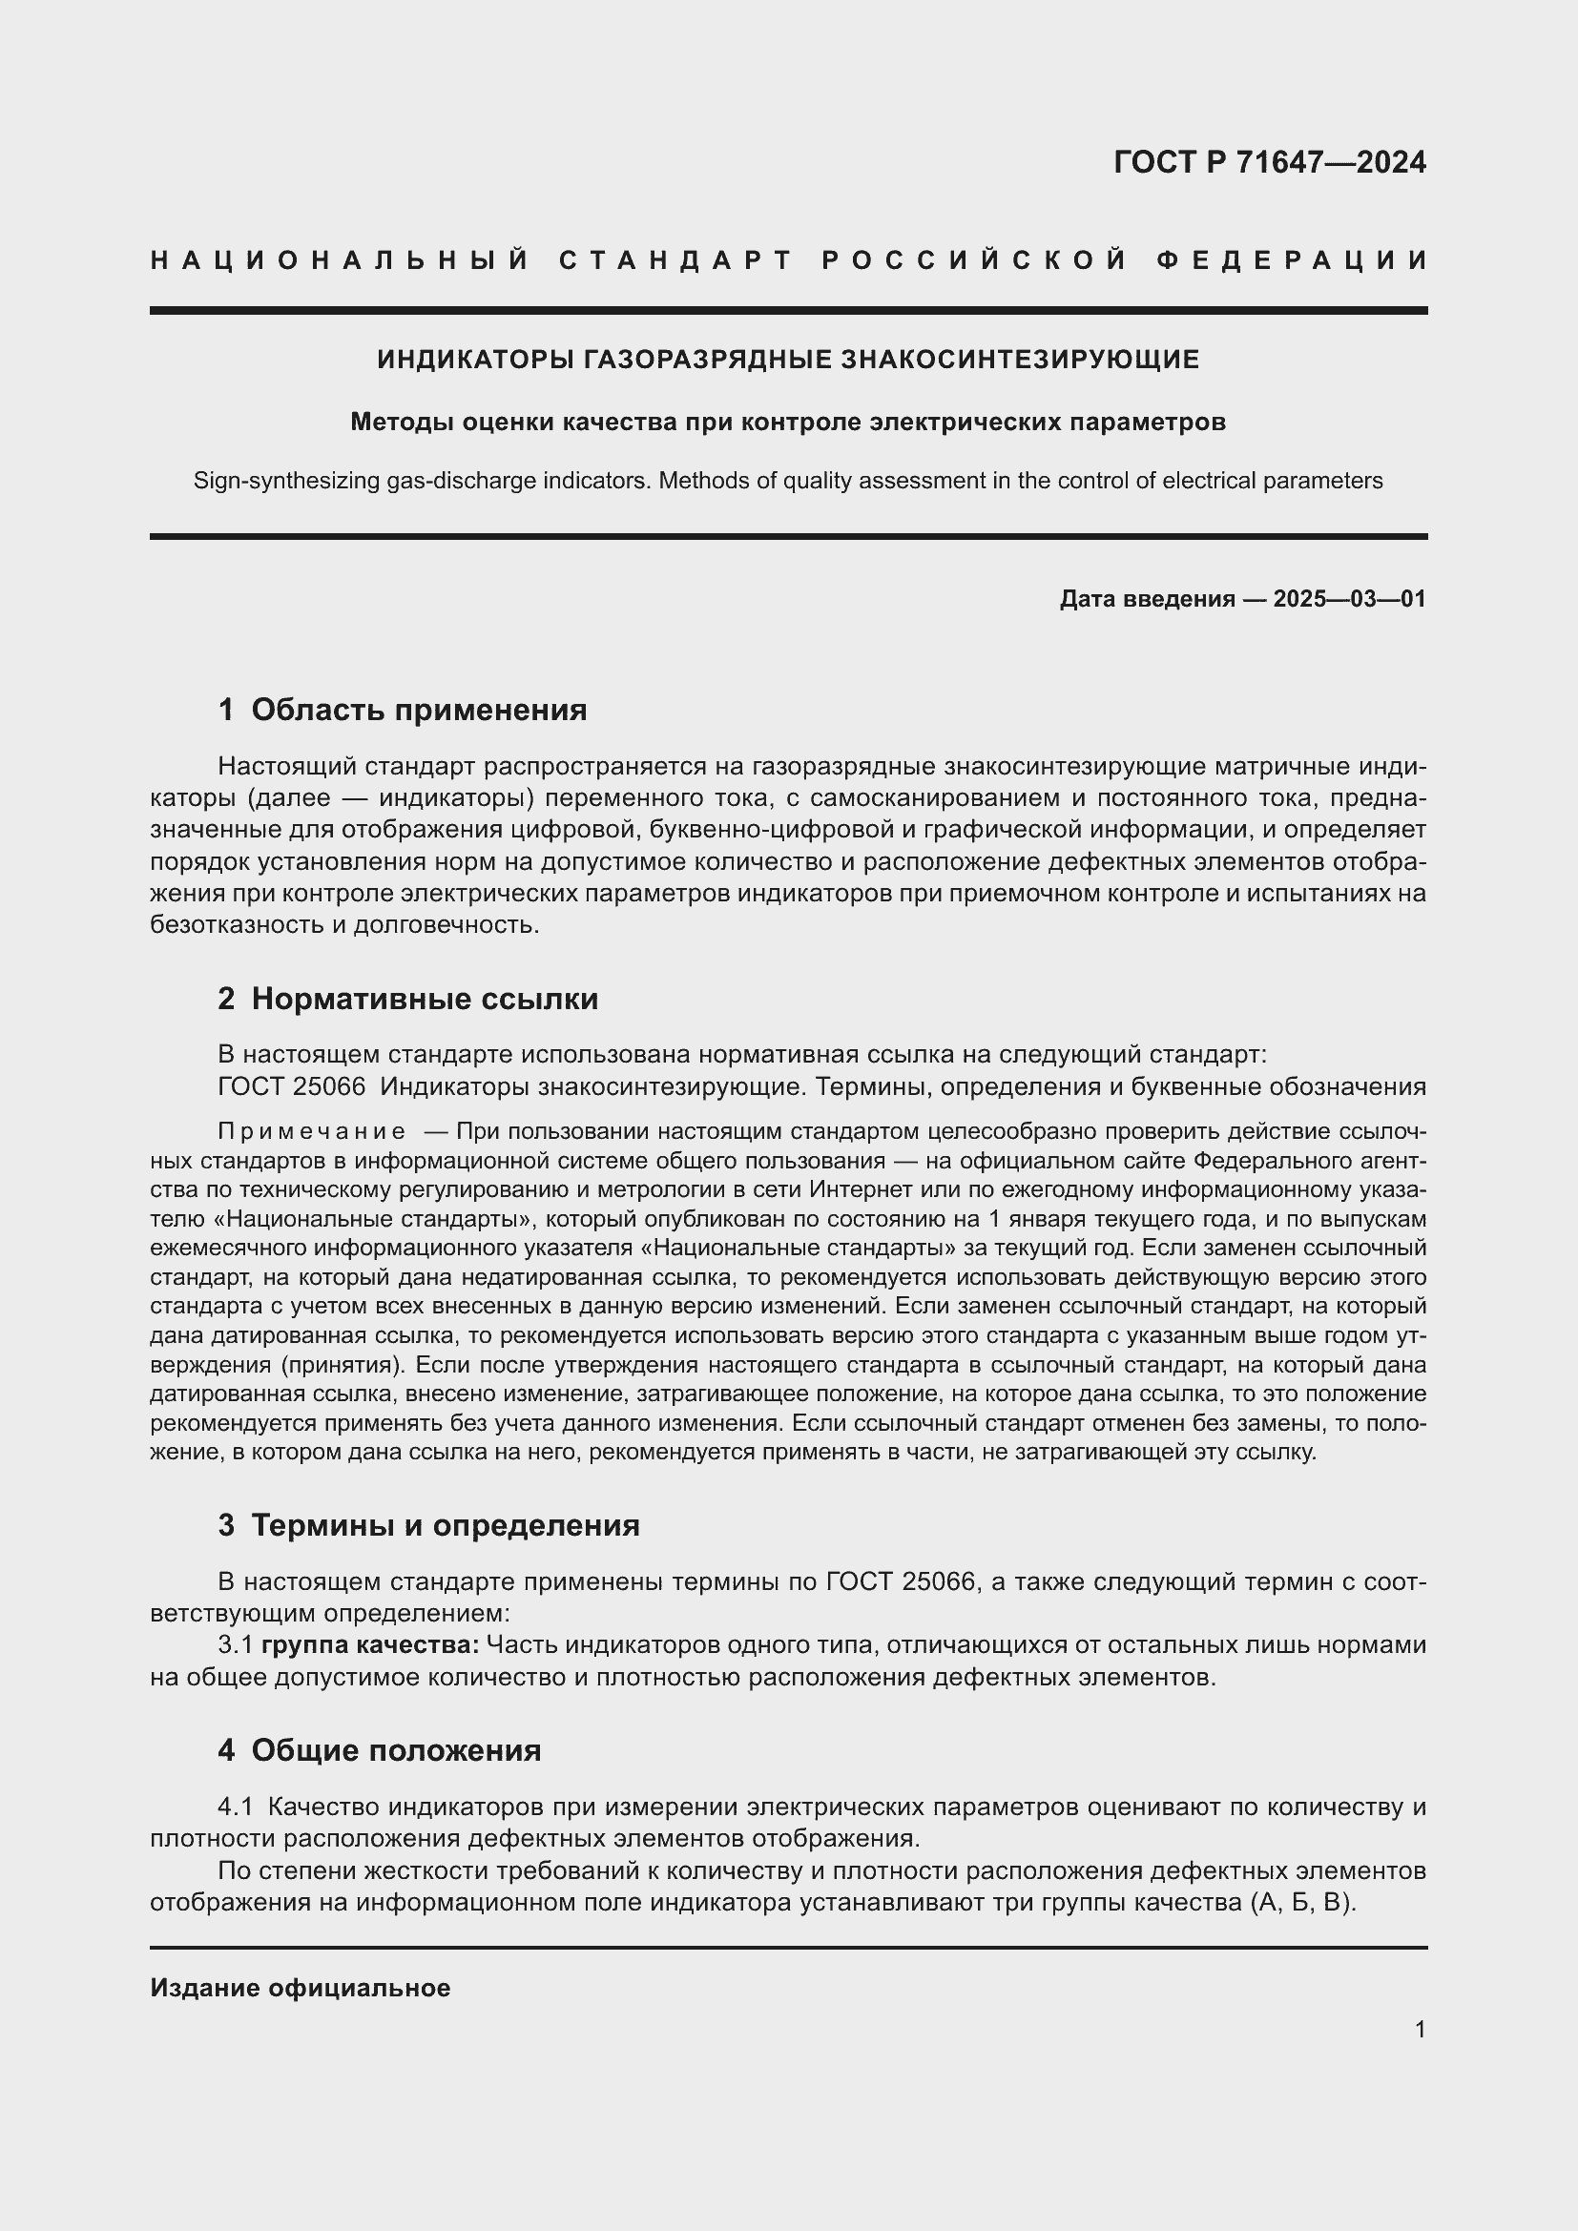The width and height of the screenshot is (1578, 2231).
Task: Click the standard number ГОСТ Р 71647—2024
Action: pyautogui.click(x=1269, y=162)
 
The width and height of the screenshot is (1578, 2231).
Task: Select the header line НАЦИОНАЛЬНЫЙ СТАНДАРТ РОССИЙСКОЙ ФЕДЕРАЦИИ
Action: pyautogui.click(x=788, y=260)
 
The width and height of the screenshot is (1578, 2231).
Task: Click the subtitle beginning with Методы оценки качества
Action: pyautogui.click(x=788, y=422)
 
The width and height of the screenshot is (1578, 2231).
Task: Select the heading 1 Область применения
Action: pyautogui.click(x=403, y=711)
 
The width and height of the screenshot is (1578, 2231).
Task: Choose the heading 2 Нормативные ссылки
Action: pyautogui.click(x=408, y=999)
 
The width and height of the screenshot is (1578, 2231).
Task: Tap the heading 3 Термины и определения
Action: pyautogui.click(x=428, y=1525)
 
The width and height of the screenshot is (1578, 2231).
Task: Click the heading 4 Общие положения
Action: pyautogui.click(x=379, y=1751)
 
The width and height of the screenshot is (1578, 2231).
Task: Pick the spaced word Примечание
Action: pyautogui.click(x=312, y=1131)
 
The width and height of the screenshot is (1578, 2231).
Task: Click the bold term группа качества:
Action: pyautogui.click(x=370, y=1645)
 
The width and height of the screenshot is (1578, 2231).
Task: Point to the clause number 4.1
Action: pyautogui.click(x=235, y=1808)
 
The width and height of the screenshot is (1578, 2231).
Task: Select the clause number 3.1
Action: pyautogui.click(x=235, y=1645)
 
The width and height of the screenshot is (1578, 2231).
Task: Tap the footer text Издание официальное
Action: pyautogui.click(x=301, y=1988)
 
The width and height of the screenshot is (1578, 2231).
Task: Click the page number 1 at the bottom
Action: pyautogui.click(x=1420, y=2029)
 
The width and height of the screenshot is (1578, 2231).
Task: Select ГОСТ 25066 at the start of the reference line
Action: pyautogui.click(x=292, y=1086)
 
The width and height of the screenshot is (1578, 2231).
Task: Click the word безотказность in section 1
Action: pyautogui.click(x=238, y=924)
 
